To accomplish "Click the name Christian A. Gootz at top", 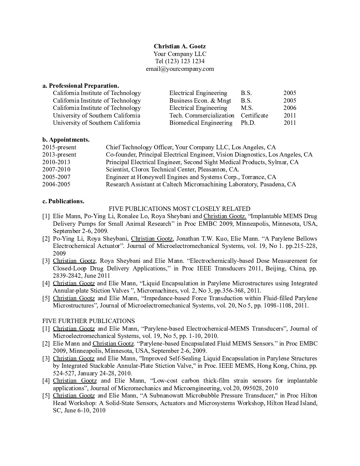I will (180, 46).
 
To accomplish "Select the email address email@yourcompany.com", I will (180, 69).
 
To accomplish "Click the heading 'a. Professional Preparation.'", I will (81, 86).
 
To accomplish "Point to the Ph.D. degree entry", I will (248, 123).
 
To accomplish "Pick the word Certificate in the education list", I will (254, 116).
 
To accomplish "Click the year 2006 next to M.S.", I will (290, 108).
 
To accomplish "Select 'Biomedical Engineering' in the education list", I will (201, 123).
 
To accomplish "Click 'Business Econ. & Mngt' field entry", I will (200, 101).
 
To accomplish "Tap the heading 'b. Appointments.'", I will (66, 140).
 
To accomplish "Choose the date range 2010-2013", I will (56, 162).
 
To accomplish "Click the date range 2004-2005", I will (56, 184).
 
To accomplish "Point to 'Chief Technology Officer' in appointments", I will (139, 147).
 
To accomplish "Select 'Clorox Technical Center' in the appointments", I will (162, 169).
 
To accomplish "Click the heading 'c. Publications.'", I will (63, 201).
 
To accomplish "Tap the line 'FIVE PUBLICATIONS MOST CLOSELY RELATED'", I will (180, 209).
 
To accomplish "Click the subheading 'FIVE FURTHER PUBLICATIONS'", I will (88, 321).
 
